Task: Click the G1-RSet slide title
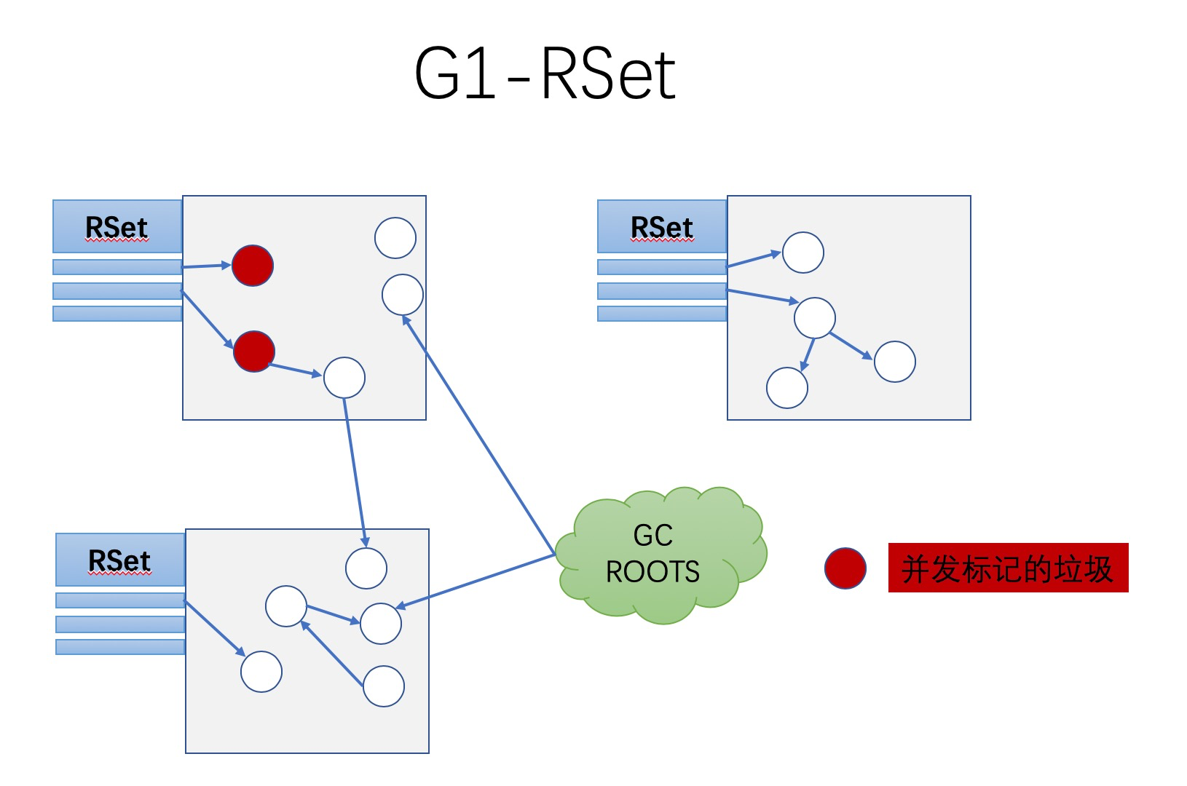coord(545,74)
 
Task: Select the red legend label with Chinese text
coord(1008,568)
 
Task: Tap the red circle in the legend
coord(845,568)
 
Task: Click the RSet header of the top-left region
coord(117,227)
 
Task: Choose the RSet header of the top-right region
coord(662,227)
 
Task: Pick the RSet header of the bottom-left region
coord(120,560)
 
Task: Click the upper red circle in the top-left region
coord(253,266)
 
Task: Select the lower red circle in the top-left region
coord(254,352)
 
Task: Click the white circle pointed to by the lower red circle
coord(344,378)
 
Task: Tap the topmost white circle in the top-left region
coord(395,238)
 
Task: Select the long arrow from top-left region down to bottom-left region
coord(355,473)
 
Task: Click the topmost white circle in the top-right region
coord(803,253)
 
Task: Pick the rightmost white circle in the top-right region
coord(895,362)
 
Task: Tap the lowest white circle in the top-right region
coord(787,388)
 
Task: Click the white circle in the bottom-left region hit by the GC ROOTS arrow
coord(381,624)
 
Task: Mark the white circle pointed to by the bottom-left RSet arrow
coord(261,672)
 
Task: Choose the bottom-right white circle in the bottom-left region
coord(384,686)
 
